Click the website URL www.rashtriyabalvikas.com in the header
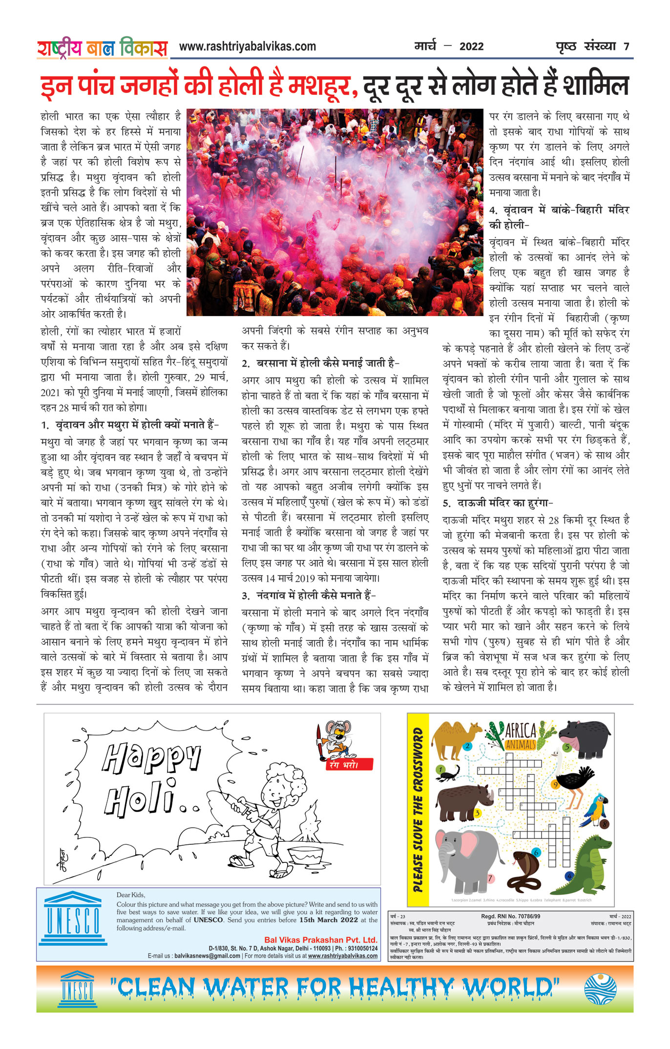247,46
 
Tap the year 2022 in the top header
471,46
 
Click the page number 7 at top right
626,47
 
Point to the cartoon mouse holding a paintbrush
336,738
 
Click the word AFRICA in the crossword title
521,731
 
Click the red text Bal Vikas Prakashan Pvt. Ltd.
320,940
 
